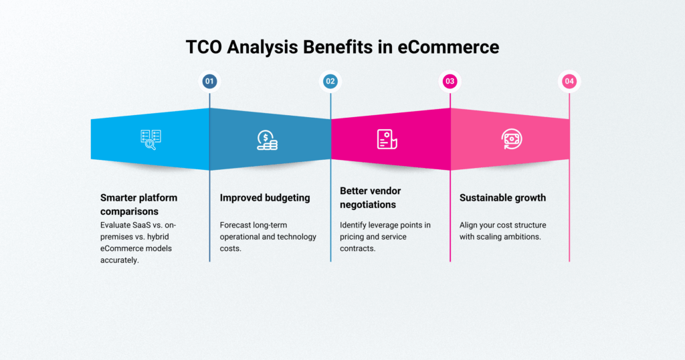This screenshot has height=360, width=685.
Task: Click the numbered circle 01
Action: point(209,82)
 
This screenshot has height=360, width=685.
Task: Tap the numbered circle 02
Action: point(330,82)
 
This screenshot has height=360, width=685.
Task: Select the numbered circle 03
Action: point(450,82)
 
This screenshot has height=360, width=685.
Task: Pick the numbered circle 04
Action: point(569,82)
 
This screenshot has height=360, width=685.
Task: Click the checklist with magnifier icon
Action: point(151,139)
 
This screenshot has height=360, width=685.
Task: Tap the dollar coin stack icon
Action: point(267,139)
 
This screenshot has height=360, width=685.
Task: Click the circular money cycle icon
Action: point(512,139)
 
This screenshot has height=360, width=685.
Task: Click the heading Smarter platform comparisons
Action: point(138,204)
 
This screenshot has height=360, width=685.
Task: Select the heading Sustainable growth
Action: point(502,197)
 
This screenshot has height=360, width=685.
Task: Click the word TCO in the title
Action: point(205,48)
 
